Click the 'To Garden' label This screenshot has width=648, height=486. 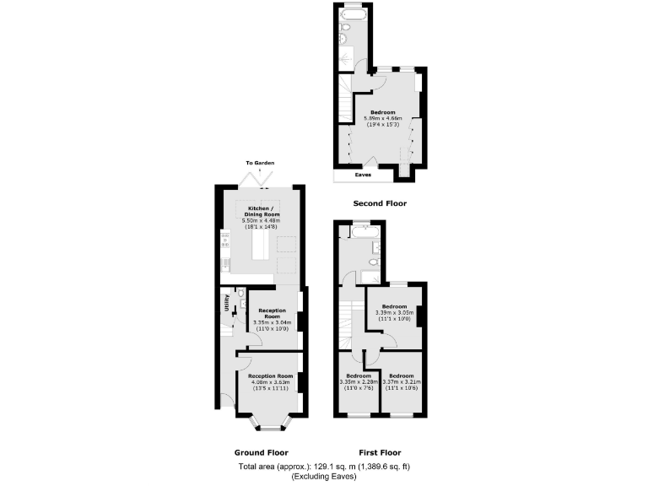(260, 163)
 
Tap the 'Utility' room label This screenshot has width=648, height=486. (226, 302)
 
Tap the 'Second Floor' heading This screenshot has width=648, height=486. (379, 203)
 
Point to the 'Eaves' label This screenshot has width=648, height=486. (364, 175)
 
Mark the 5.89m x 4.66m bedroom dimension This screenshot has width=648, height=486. (383, 121)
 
